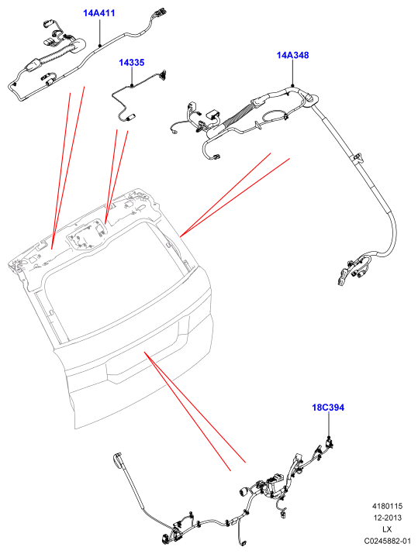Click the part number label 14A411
click(x=99, y=13)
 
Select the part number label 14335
click(x=132, y=63)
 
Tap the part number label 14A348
click(x=292, y=55)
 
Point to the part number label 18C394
click(x=328, y=408)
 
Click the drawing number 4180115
click(x=387, y=506)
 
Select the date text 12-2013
click(x=388, y=518)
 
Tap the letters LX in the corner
click(x=387, y=529)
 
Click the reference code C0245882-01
click(x=388, y=541)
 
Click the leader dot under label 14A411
click(x=100, y=45)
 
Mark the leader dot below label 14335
click(x=132, y=85)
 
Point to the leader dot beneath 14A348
click(x=293, y=85)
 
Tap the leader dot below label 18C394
click(x=329, y=438)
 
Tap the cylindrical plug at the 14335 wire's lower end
click(x=131, y=117)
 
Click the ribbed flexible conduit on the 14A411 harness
click(x=57, y=57)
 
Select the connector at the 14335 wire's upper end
click(x=164, y=74)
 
